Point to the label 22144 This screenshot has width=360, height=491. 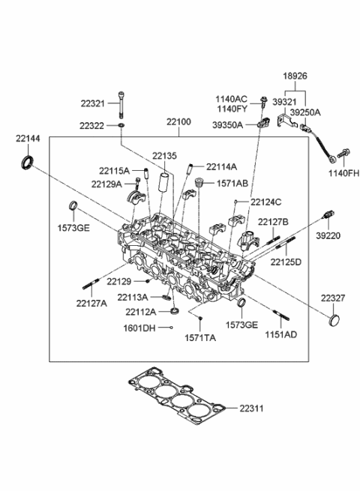point(27,139)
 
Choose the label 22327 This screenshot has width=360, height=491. point(334,298)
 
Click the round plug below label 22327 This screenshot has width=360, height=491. point(334,322)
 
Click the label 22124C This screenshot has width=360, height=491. point(267,202)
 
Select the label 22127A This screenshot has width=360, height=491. point(91,303)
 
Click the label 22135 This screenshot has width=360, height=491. point(163,156)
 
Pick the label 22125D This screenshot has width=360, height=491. point(286,262)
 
